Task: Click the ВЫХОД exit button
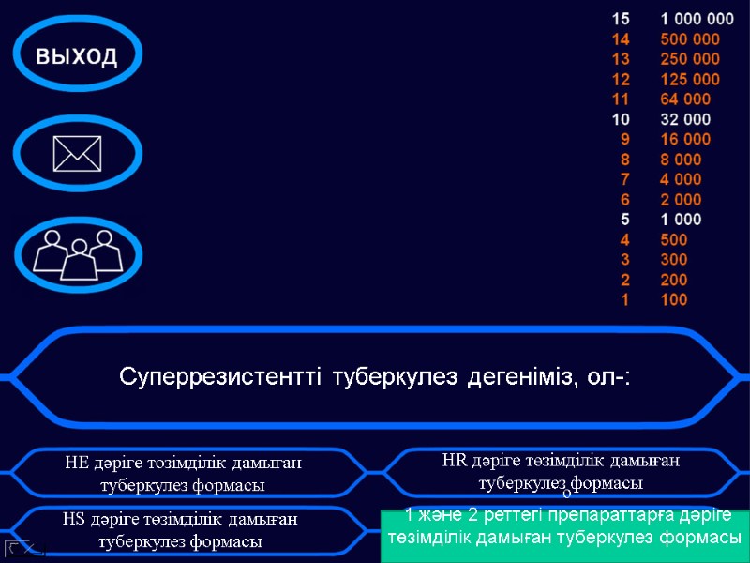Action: (78, 55)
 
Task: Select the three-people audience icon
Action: (78, 251)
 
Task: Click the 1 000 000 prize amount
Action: (697, 19)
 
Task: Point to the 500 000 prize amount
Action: (690, 39)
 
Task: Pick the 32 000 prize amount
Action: (685, 119)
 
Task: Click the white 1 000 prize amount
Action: (681, 220)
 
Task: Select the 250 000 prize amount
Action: (690, 59)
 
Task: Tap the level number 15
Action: (622, 19)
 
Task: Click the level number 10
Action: (622, 119)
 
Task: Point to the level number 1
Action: (625, 300)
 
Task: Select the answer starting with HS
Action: (180, 530)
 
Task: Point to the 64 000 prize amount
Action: (685, 99)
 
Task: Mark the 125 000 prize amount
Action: (690, 80)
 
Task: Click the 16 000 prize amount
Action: (685, 140)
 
